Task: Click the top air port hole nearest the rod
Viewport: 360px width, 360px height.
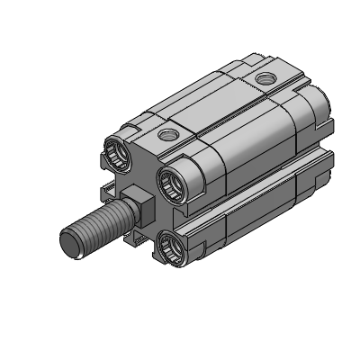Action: coord(166,136)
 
